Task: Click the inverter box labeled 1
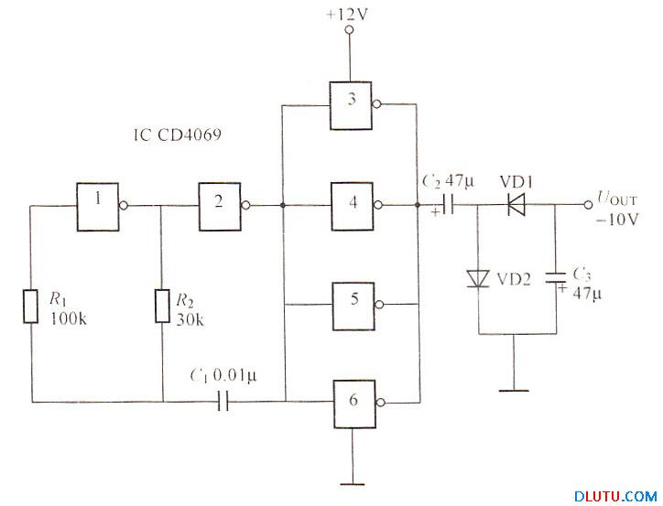pos(101,206)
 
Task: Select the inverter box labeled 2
pos(219,206)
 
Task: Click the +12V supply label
pos(347,15)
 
